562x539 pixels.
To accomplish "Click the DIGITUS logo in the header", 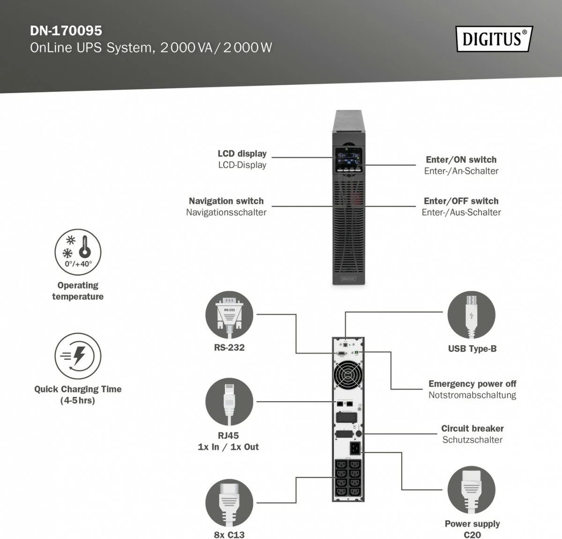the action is [x=494, y=39].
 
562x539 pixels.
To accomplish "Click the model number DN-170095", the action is [x=66, y=30].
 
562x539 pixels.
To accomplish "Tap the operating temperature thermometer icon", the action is [x=78, y=252].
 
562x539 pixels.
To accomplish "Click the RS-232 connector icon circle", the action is [x=229, y=315].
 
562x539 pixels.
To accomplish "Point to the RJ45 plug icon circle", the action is [x=229, y=402].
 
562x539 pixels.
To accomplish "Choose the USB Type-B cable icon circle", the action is [x=471, y=315].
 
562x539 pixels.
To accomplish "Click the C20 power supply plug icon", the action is [x=471, y=490].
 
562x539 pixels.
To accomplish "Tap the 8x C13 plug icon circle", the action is [x=229, y=503].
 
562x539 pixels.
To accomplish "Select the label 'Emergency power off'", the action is [x=472, y=384].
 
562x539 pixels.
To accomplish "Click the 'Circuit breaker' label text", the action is [x=472, y=428].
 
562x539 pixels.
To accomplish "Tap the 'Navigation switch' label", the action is [x=226, y=201].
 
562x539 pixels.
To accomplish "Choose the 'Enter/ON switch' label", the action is [x=461, y=160].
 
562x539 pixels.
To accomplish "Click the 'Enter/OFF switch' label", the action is [x=461, y=201].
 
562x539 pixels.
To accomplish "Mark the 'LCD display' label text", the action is [x=242, y=154].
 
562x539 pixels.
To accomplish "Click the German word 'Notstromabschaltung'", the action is [x=472, y=395].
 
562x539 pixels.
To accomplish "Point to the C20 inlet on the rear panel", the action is [x=355, y=448].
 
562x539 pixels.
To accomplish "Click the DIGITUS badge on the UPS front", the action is [x=348, y=279].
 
